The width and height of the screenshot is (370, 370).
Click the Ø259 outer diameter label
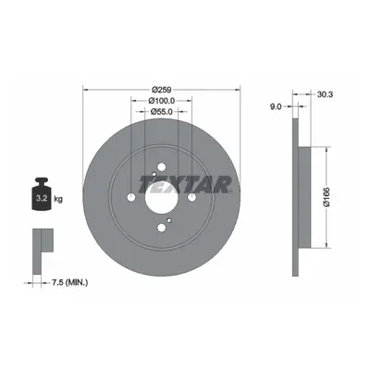[x=162, y=90]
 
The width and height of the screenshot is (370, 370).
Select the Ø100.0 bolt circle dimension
[x=162, y=101]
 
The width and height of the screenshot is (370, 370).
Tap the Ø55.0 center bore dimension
[x=162, y=112]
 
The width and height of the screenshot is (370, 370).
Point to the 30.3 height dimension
[x=325, y=94]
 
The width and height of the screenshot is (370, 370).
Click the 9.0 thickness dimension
[x=276, y=106]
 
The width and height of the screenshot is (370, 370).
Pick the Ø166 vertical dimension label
[x=327, y=197]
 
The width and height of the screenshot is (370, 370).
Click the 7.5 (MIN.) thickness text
[x=69, y=282]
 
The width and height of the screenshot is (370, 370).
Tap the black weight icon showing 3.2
[x=42, y=194]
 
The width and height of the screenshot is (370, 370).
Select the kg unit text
[x=58, y=199]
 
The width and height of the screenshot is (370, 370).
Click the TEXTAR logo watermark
[x=185, y=184]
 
